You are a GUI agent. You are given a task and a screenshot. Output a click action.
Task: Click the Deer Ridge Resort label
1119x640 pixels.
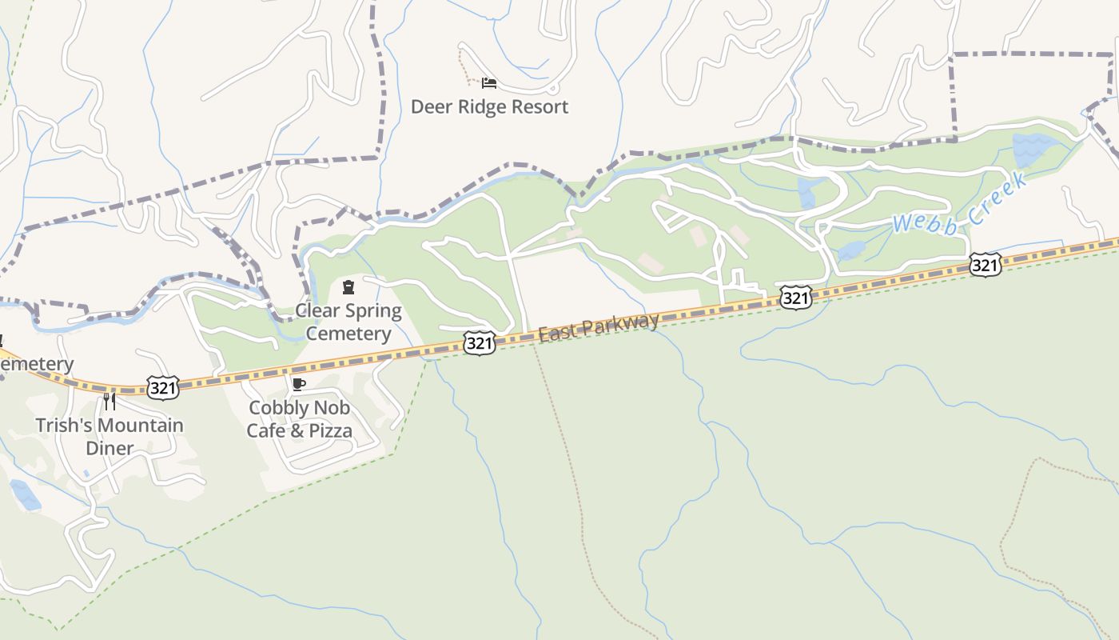click(489, 107)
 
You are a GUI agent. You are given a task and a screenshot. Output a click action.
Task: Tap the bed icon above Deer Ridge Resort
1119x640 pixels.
click(489, 82)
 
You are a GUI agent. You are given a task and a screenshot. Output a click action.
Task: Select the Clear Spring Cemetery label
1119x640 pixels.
click(348, 322)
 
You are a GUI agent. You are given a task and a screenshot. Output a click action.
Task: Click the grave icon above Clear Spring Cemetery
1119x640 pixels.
click(348, 287)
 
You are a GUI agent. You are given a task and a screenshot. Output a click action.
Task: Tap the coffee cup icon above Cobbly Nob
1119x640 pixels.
click(299, 385)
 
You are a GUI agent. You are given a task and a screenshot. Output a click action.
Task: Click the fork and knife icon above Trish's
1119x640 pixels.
click(110, 401)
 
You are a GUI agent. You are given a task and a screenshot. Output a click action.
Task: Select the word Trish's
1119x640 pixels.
click(63, 426)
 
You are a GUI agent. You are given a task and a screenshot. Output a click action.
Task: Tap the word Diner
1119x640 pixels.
click(110, 448)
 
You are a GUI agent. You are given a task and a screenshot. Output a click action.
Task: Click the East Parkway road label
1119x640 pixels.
click(599, 328)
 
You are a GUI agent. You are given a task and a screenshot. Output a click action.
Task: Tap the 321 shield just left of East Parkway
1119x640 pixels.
click(479, 344)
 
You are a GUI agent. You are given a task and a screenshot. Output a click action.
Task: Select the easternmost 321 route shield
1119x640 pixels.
click(986, 265)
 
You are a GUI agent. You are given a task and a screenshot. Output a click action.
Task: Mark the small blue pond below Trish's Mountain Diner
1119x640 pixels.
click(25, 494)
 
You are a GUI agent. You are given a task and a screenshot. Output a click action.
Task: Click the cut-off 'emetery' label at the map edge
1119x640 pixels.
click(36, 365)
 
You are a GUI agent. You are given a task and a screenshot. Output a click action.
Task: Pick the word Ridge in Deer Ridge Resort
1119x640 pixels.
click(480, 107)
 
